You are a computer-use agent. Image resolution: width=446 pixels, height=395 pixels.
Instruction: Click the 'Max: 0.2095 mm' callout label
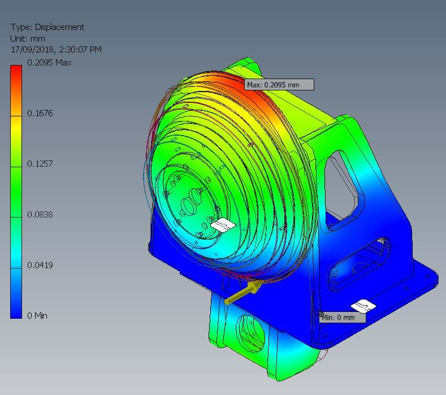(x=279, y=84)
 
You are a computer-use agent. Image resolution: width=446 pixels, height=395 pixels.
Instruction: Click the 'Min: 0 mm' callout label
(x=341, y=317)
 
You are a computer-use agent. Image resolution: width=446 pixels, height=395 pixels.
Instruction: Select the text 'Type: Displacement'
(x=47, y=27)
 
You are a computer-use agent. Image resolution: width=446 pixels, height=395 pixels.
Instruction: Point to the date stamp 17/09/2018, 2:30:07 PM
(x=56, y=50)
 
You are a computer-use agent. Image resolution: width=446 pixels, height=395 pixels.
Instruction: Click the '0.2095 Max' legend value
(x=49, y=63)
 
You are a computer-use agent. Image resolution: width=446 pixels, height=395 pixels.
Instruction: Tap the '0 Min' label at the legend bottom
(x=37, y=315)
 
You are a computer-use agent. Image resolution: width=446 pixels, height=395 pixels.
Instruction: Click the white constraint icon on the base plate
(x=363, y=306)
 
